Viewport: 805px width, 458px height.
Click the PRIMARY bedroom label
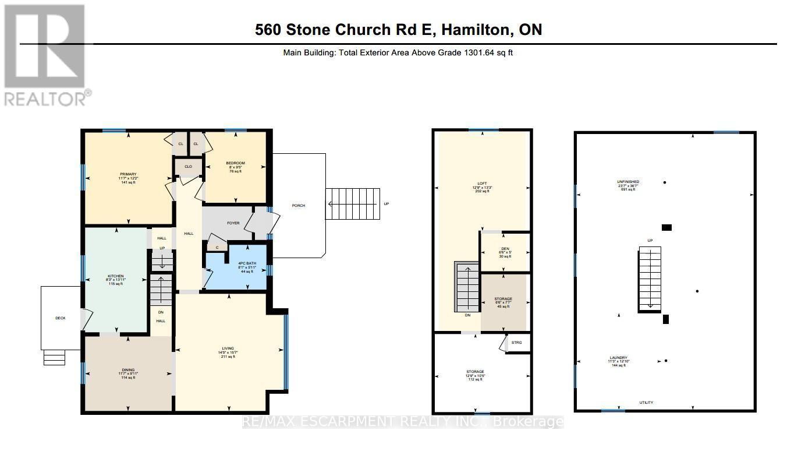128,174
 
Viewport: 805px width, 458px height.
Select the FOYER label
233,223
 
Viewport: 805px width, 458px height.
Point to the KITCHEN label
115,276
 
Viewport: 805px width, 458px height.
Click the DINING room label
128,369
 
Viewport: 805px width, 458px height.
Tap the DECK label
61,318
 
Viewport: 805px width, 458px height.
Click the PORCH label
299,206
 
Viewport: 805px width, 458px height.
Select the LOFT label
483,184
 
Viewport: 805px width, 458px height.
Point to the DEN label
505,249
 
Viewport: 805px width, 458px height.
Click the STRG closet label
517,343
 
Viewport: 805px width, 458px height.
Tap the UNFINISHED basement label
628,182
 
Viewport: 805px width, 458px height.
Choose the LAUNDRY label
618,358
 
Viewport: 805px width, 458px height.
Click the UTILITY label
646,403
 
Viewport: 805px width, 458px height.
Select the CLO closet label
188,167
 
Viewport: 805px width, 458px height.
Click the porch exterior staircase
352,204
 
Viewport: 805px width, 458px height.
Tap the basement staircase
650,279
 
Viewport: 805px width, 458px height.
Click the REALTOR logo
47,55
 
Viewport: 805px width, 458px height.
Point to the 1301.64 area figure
477,52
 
